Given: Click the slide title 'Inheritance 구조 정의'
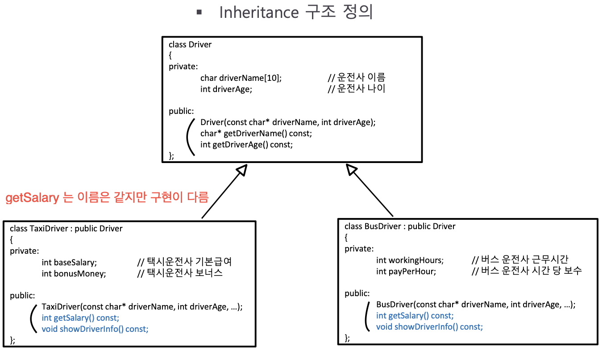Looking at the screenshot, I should [x=295, y=13].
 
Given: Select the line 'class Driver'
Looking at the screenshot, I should [x=190, y=45].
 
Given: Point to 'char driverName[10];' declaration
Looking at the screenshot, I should [x=241, y=78].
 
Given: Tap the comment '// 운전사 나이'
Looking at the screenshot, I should [x=356, y=88].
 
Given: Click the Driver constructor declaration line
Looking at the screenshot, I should [x=288, y=122].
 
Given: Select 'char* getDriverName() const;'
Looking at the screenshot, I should [x=257, y=133].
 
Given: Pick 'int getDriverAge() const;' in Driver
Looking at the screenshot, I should [x=247, y=144].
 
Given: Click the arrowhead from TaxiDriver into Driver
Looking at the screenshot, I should [x=241, y=170].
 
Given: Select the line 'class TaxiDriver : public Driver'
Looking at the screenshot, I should [x=66, y=229].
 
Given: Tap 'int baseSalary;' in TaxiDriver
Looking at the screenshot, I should [x=69, y=262].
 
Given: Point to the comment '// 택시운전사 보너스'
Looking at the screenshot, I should [x=180, y=273].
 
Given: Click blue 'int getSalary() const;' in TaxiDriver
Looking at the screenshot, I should [x=80, y=318].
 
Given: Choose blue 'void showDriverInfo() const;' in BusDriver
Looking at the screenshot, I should [x=429, y=327].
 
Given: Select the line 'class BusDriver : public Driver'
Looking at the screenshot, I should [x=400, y=226].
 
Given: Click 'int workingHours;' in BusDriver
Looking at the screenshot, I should [x=410, y=260].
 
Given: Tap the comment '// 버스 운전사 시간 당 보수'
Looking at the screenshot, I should [x=527, y=271].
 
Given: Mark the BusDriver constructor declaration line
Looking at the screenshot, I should [x=476, y=305].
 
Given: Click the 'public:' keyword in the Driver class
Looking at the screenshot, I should [x=181, y=111].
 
